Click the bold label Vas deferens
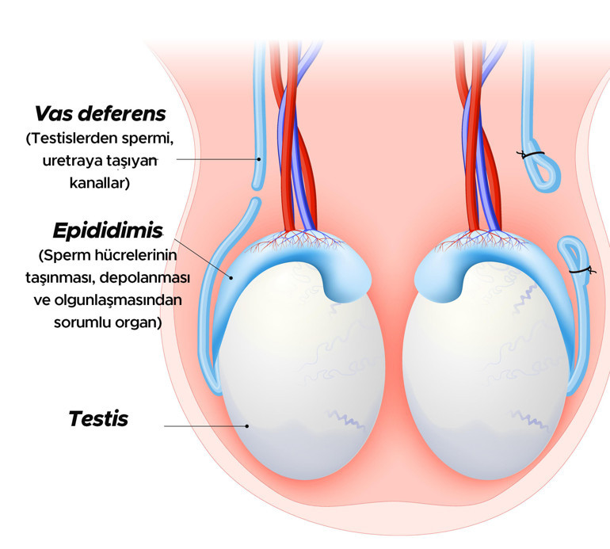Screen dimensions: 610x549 pos(101,114)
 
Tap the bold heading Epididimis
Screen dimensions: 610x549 pos(108,231)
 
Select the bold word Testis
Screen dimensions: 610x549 pos(98,419)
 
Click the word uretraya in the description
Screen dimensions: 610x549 pos(68,161)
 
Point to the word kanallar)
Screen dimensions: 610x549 pos(100,182)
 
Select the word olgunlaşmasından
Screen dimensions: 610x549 pos(118,301)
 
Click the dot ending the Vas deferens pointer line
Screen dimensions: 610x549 pos(259,159)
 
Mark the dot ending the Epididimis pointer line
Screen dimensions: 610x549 pos(231,278)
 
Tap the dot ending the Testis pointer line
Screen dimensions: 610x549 pos(246,426)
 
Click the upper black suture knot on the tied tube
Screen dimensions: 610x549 pos(530,154)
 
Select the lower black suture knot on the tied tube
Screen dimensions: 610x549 pos(581,270)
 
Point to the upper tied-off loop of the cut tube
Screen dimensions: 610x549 pos(543,171)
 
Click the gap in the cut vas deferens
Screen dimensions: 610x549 pos(256,194)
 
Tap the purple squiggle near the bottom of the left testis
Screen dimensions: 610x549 pos(346,419)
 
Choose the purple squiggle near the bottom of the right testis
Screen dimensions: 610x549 pos(531,420)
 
